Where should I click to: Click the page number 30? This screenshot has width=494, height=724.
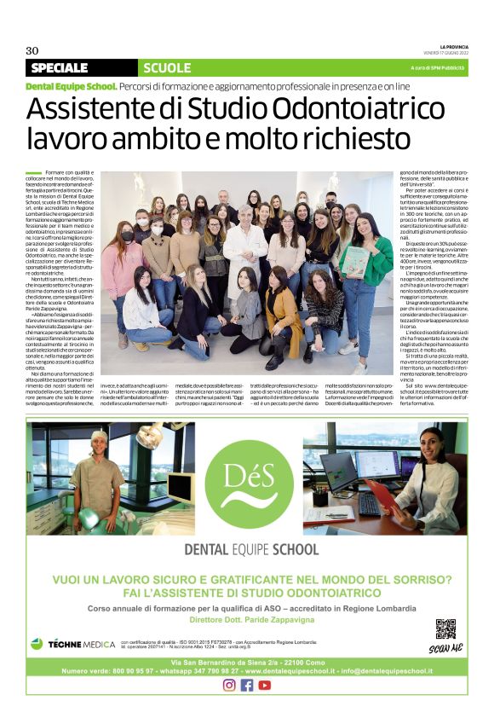pos(32,50)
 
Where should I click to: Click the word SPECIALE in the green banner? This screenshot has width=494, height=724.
pos(59,67)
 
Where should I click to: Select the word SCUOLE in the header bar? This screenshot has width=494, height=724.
pos(168,67)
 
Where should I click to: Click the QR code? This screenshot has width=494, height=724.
pos(445,629)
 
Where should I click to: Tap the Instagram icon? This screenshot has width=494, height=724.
pos(228,685)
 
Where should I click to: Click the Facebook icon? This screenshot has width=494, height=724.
pos(247,685)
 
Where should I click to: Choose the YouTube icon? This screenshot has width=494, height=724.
pos(265,685)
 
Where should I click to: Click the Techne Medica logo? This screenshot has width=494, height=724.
pos(72,643)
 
